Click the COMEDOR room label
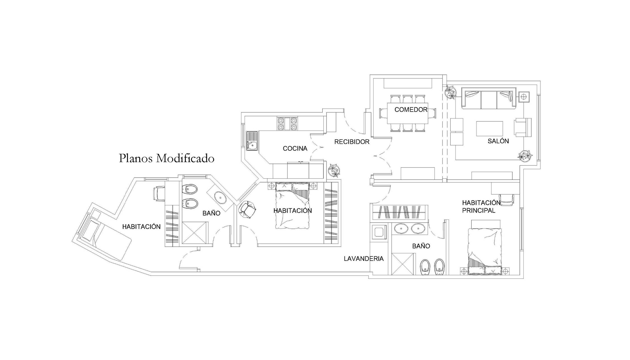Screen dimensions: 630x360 coord(411,110)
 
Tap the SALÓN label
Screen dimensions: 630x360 coord(498,141)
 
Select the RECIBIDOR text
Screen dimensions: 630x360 coord(352,142)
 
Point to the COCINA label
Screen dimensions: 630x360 coord(295,149)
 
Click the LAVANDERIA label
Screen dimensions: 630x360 coord(364,259)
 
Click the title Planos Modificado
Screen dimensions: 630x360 coord(166,158)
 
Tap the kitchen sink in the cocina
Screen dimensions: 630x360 coord(252,141)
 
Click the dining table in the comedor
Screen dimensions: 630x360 coord(408,114)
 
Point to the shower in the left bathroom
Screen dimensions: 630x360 coord(195,233)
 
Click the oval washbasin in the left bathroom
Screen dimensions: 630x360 coord(221,197)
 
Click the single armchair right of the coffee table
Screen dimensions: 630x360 coord(523,127)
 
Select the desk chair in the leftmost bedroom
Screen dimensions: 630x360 coord(159,194)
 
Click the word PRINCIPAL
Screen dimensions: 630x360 coord(478,211)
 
